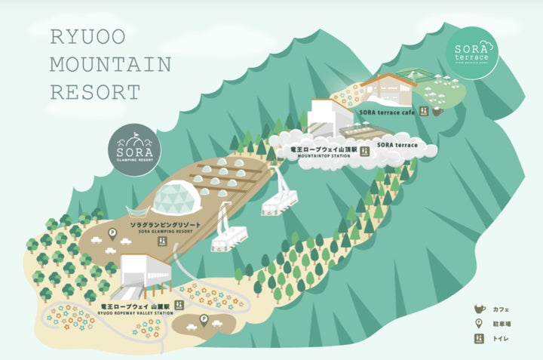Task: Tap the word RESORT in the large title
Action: click(x=95, y=92)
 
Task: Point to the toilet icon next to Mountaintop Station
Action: click(x=364, y=152)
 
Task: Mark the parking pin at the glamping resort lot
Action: click(x=112, y=234)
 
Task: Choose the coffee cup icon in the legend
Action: click(x=477, y=309)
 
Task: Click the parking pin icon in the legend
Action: click(x=477, y=324)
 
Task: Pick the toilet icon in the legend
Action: click(x=477, y=340)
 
